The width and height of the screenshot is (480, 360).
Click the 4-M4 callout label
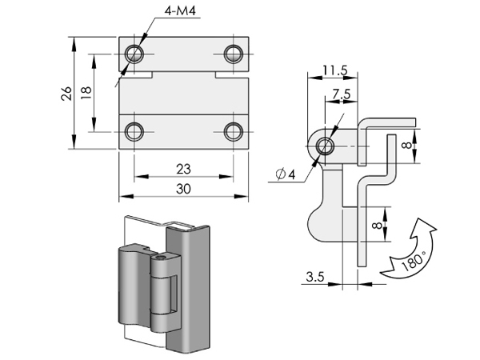coord(180,10)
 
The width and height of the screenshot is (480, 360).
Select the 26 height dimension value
coord(66,94)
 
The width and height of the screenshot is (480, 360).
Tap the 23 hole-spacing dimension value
coord(183,169)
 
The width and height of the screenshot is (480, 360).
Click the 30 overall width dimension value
coord(183,189)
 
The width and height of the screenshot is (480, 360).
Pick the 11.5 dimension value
coord(335,71)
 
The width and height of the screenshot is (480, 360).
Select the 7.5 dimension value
coord(342,94)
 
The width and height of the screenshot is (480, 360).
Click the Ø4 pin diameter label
coord(286,174)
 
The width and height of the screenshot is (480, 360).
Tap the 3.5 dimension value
coord(315,277)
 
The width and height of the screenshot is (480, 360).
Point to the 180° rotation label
coord(413,261)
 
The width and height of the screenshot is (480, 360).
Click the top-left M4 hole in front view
coord(134,54)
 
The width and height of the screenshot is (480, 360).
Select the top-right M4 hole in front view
coord(234,54)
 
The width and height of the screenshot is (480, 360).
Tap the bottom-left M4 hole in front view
coord(134,132)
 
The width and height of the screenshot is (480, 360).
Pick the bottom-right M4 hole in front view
coord(234,132)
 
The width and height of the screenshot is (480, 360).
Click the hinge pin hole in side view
coord(325,146)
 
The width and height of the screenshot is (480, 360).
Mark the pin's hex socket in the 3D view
coord(160,258)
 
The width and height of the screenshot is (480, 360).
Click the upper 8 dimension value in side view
coord(407,145)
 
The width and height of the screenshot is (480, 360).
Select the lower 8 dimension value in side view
coord(378,225)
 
